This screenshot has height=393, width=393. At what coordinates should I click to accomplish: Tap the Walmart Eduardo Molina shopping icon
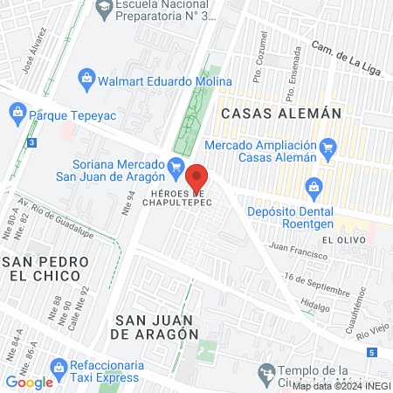point(87,79)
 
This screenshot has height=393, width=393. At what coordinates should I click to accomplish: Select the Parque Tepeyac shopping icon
point(17,112)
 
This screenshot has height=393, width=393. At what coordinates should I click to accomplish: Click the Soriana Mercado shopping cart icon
point(176,166)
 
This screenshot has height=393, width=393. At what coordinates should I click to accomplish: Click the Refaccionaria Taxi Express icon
point(59,365)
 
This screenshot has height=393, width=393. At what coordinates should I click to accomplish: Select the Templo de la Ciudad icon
point(267,375)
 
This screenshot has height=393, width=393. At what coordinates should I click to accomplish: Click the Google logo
point(29,382)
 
